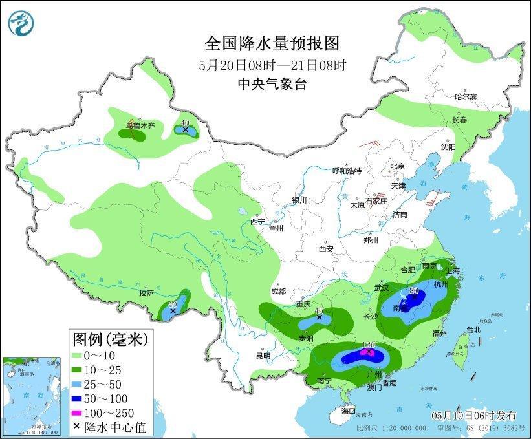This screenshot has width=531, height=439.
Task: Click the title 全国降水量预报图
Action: click(x=272, y=43)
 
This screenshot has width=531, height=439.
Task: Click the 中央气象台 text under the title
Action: click(x=272, y=82)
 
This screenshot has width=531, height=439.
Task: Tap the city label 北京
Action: click(x=397, y=166)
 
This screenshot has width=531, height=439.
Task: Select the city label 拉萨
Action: click(x=146, y=293)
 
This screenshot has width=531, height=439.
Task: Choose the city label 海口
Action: click(x=349, y=411)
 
